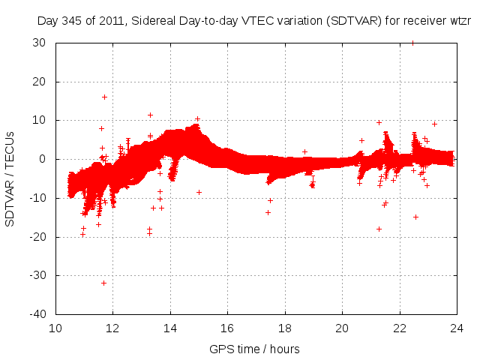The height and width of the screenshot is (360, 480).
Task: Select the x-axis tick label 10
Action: [56, 328]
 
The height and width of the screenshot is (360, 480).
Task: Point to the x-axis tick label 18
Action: [285, 328]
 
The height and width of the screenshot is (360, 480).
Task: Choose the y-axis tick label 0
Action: [46, 159]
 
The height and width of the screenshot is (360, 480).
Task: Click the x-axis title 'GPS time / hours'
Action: [256, 349]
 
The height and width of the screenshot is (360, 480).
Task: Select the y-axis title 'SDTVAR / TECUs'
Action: [10, 178]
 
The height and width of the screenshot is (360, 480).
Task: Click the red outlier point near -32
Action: [103, 283]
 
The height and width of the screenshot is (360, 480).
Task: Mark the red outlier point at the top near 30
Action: [412, 43]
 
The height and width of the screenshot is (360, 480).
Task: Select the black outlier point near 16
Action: [104, 97]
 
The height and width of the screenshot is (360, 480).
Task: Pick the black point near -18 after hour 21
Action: [379, 229]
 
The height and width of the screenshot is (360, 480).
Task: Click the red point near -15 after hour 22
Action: [415, 217]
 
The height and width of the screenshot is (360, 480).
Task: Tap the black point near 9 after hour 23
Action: [434, 124]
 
